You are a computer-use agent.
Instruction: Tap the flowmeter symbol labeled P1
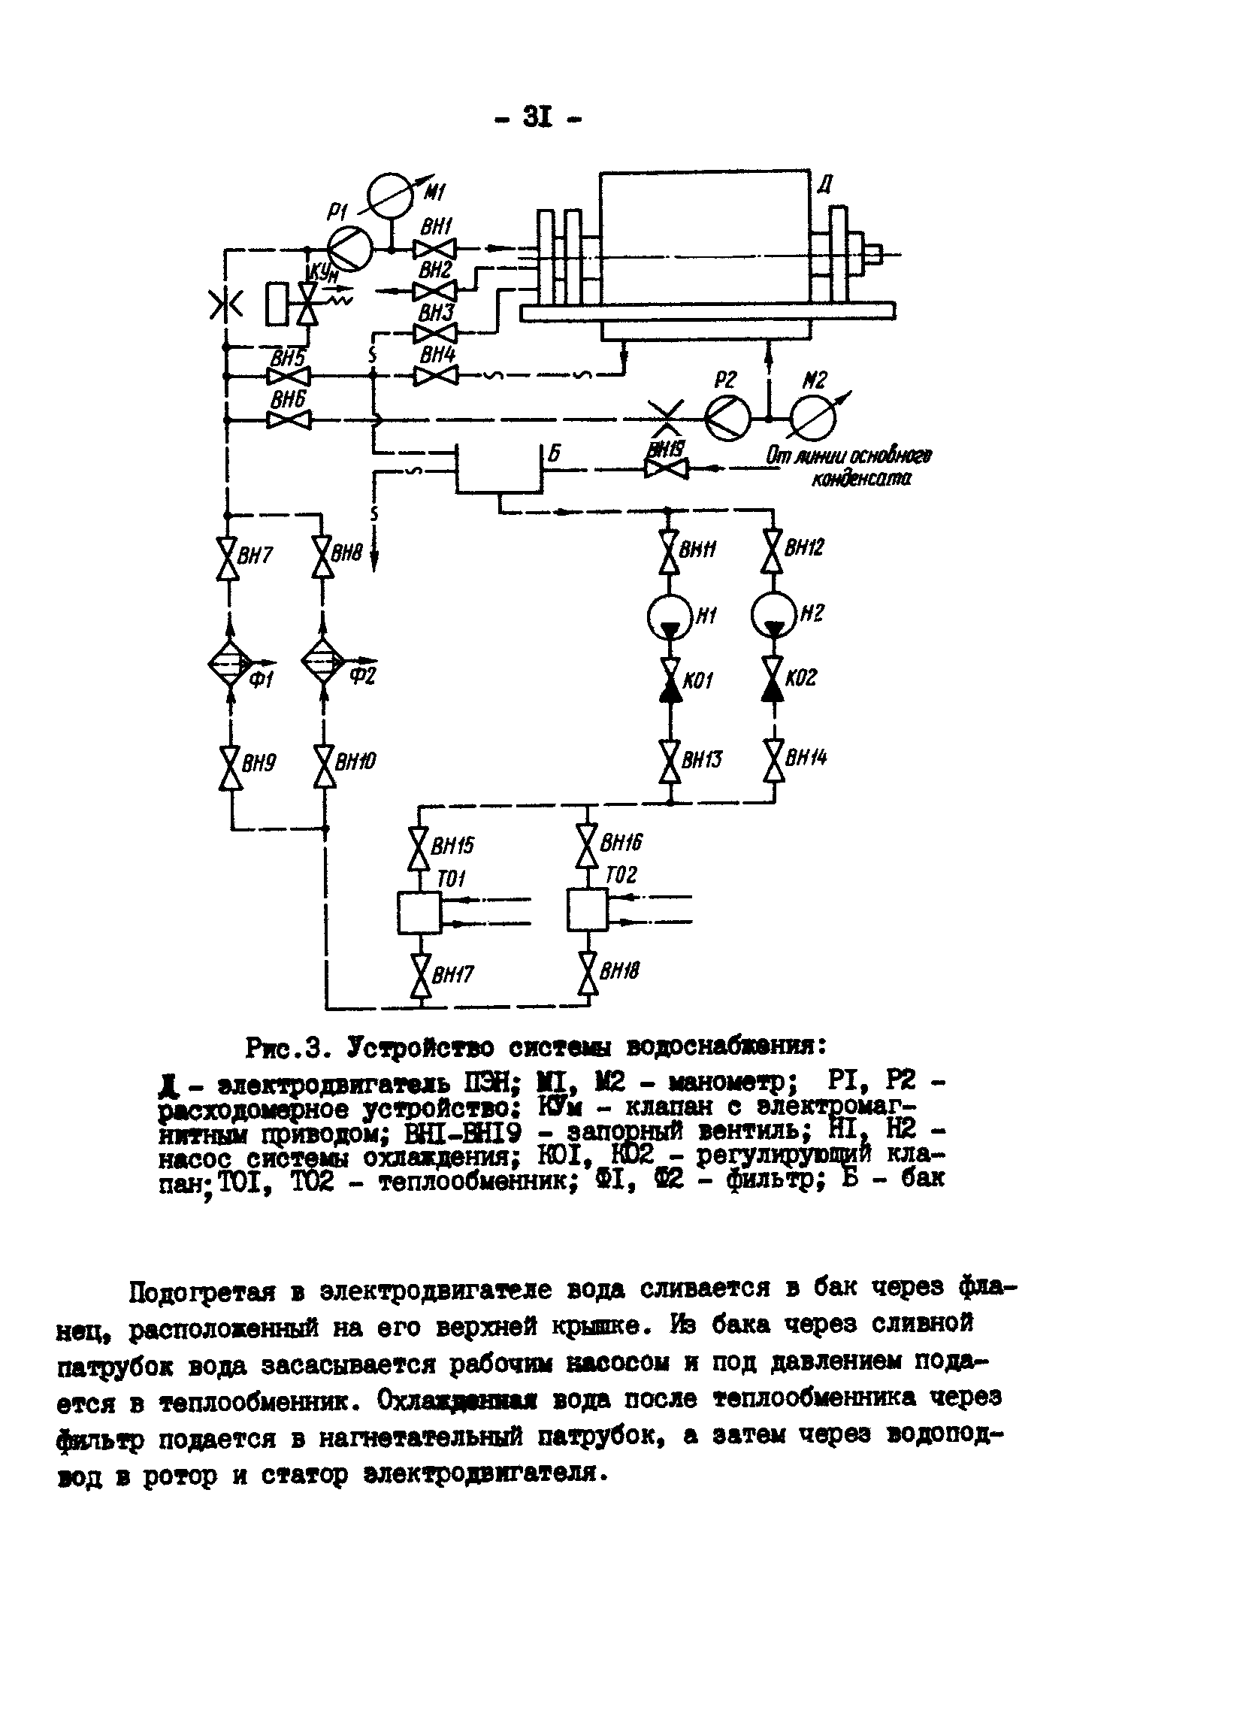[349, 249]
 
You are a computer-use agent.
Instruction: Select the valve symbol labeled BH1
[434, 249]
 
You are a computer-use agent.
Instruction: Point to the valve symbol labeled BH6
[289, 419]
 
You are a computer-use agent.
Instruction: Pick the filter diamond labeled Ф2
[324, 662]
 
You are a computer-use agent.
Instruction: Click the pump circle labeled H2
[774, 615]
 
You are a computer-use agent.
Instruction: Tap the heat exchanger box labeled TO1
[419, 913]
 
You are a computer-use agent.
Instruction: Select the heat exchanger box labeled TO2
[587, 910]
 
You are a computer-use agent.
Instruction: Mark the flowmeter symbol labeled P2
[727, 418]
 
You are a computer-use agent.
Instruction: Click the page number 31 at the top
[537, 117]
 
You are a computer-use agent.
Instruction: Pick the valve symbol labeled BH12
[774, 552]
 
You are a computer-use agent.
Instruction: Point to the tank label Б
[555, 454]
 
